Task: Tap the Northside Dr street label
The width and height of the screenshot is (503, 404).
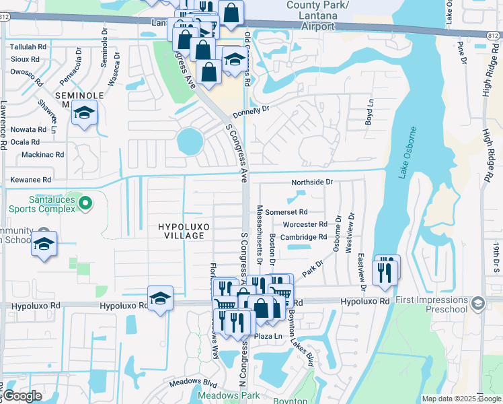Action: click(x=312, y=182)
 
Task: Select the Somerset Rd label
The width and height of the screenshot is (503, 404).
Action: click(x=286, y=211)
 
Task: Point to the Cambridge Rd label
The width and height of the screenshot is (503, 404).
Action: click(x=303, y=237)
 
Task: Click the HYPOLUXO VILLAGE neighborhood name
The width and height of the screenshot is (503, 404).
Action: click(x=181, y=231)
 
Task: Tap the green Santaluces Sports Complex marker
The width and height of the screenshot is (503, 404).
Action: click(x=85, y=202)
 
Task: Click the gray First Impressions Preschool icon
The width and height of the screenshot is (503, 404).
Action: click(x=478, y=303)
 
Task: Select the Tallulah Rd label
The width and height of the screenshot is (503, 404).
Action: click(x=29, y=47)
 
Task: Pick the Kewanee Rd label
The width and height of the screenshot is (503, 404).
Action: click(x=30, y=180)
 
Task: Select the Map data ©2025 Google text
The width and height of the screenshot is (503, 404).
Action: click(x=461, y=399)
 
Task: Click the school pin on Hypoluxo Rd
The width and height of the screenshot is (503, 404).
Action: click(x=161, y=300)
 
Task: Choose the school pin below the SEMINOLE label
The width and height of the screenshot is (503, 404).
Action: click(x=85, y=113)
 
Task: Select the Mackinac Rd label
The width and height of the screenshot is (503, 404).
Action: click(x=42, y=154)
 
